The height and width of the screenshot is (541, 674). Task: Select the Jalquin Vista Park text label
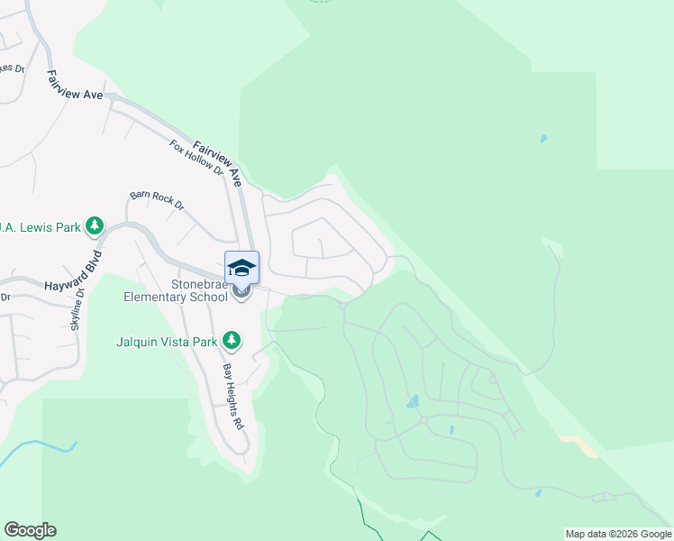(167, 341)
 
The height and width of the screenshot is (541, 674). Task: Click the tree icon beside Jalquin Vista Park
(232, 340)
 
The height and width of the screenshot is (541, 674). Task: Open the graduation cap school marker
(241, 267)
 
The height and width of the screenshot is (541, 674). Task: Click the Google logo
(30, 529)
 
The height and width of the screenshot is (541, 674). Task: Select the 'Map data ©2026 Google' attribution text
(618, 534)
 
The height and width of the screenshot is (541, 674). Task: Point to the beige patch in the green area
(578, 445)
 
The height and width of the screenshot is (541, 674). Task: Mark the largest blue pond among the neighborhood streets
(413, 401)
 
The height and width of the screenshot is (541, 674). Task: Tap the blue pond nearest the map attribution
(537, 493)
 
